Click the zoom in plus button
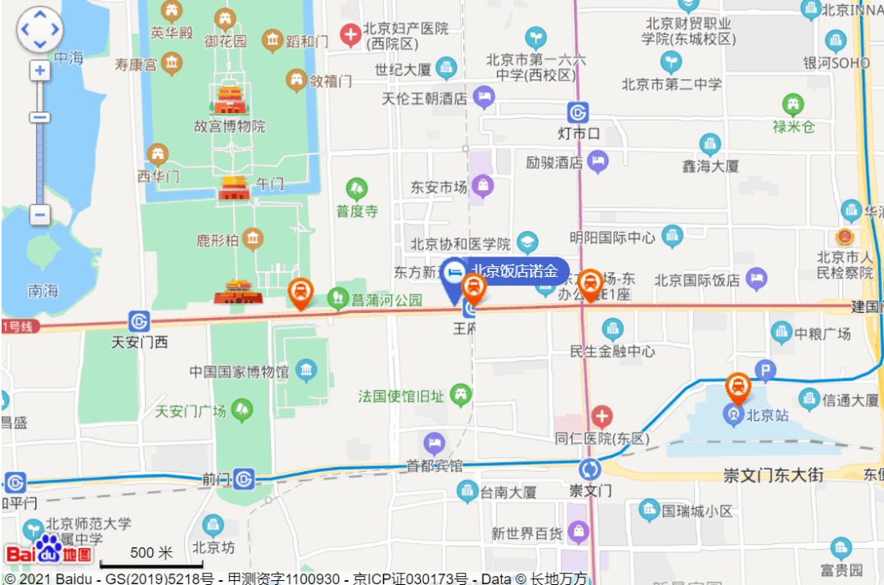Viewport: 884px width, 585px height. click(x=39, y=70)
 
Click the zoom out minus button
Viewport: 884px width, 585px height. click(x=39, y=215)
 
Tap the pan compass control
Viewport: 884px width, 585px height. click(x=39, y=30)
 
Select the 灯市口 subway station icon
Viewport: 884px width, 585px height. click(x=579, y=112)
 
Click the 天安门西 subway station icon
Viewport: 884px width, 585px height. click(x=139, y=320)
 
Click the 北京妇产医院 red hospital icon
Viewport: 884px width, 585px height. click(x=351, y=34)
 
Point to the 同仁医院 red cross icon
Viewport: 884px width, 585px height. click(x=602, y=416)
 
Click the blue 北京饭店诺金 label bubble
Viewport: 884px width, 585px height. click(x=514, y=271)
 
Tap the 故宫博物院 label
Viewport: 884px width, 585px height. click(x=230, y=126)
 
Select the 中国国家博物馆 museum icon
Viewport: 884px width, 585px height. click(x=306, y=370)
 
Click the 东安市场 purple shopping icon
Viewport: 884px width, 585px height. click(x=483, y=187)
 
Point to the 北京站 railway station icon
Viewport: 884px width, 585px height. click(x=733, y=415)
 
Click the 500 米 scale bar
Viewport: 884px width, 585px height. click(x=151, y=564)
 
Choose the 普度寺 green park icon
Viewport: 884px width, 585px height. click(x=357, y=189)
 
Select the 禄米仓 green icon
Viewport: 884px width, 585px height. click(x=793, y=104)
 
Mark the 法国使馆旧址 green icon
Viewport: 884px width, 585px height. click(x=461, y=396)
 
